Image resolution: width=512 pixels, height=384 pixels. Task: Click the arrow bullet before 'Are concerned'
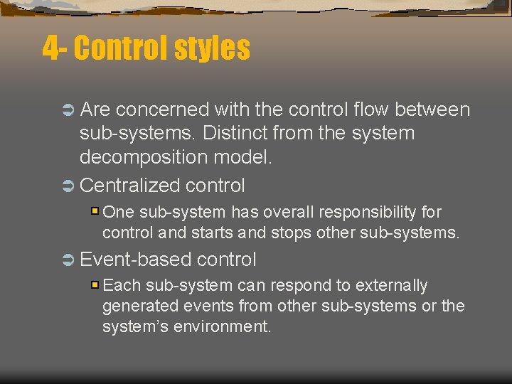(68, 110)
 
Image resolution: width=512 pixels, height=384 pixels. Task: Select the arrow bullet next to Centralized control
(68, 186)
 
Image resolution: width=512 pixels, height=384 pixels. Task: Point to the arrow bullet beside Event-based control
(68, 260)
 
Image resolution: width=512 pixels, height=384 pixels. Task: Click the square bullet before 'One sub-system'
(95, 212)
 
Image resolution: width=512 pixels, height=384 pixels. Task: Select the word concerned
(162, 110)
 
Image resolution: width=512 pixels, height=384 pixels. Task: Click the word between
(432, 110)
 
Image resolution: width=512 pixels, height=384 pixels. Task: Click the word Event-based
(136, 260)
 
